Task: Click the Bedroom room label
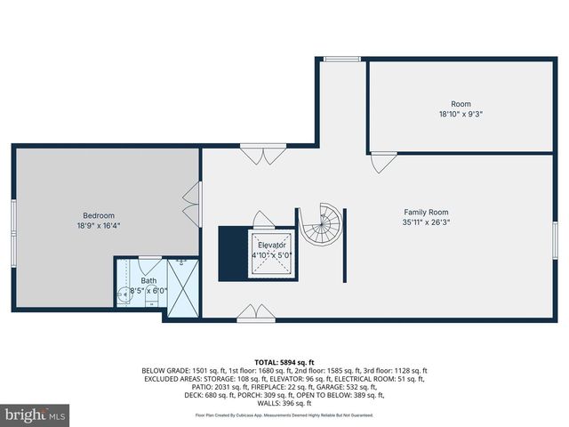tap(99, 215)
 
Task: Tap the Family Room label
tap(426, 212)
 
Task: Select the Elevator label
tap(272, 245)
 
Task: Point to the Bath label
tap(148, 281)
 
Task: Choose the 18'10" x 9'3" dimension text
tap(461, 114)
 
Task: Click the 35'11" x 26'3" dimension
tap(426, 223)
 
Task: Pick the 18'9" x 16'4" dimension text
tap(99, 226)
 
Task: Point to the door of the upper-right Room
tap(382, 163)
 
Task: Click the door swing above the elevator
tap(263, 219)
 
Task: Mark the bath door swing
tap(150, 265)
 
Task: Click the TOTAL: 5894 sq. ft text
tap(284, 363)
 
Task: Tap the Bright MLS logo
tap(36, 415)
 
